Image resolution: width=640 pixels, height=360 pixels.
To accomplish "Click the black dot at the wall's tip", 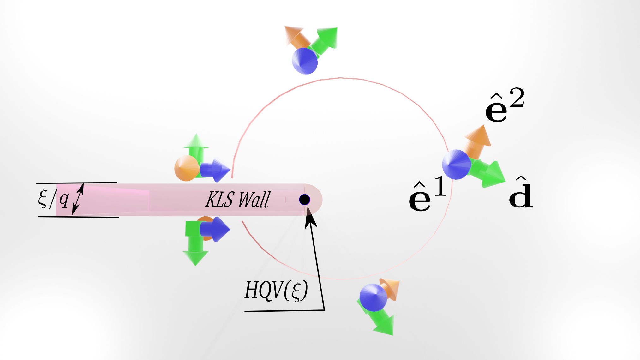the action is pos(305,200).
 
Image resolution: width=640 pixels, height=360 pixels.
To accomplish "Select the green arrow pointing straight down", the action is pos(195,245).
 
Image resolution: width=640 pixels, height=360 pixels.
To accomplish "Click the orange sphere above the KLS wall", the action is pos(187,168).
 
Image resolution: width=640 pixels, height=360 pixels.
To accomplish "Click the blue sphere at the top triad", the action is pos(305,61).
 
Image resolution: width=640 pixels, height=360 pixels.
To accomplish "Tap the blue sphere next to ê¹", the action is pos(457,165).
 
